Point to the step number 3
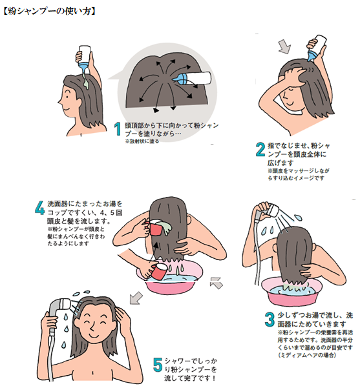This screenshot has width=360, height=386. pyautogui.click(x=270, y=318)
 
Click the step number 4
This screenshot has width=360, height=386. pyautogui.click(x=40, y=208)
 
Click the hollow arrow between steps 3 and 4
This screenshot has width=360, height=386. pyautogui.click(x=216, y=282)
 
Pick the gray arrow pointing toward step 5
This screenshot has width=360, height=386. pyautogui.click(x=136, y=297)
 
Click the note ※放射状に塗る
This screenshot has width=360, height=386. pyautogui.click(x=142, y=140)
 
